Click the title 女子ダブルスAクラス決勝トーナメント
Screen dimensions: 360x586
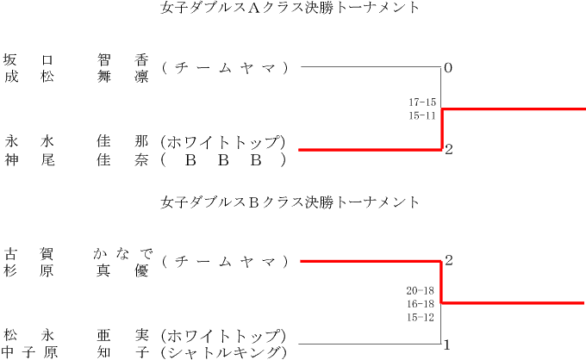tap(290, 9)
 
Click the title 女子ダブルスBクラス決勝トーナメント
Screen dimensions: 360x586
tap(290, 202)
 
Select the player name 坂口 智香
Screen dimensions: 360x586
tap(77, 60)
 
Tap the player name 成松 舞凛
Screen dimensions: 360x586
tap(77, 74)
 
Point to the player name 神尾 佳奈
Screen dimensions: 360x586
tap(77, 159)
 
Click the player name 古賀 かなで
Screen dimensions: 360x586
tap(77, 253)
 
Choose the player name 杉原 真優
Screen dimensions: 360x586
tap(77, 270)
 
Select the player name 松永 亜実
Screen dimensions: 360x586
tap(77, 336)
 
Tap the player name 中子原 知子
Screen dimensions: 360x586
tap(77, 352)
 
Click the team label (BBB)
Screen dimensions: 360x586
tap(223, 159)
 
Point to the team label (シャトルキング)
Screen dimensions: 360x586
tap(223, 352)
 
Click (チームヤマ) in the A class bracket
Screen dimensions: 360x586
tap(223, 67)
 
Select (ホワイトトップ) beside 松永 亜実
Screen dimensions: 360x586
tap(223, 336)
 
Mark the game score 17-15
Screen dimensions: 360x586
tap(422, 102)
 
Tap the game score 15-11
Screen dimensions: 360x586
tap(422, 115)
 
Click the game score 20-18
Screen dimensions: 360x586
tap(420, 290)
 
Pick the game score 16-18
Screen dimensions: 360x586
tap(420, 304)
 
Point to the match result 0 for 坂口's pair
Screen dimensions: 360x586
tap(448, 67)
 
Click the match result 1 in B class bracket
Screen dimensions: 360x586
tap(448, 345)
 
